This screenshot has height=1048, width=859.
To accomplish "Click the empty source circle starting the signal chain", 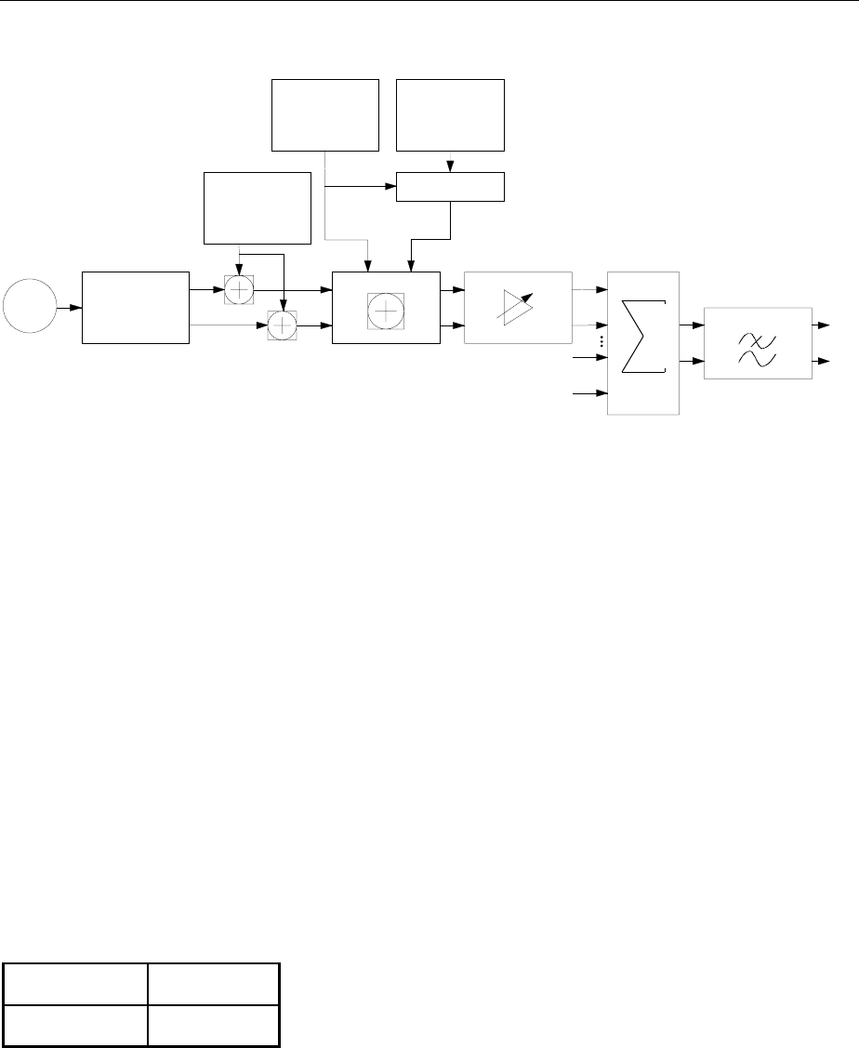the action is coord(29,308).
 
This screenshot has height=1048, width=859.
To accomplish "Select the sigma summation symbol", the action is coord(642,342).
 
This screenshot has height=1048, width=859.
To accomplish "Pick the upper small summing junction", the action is coord(240,289).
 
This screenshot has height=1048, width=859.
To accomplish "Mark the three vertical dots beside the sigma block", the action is coord(602,342).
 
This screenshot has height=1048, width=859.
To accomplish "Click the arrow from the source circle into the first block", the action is coord(69,308).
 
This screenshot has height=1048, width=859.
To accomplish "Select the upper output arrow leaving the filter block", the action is coord(823,326).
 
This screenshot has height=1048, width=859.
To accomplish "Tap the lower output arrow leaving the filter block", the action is coord(823,360).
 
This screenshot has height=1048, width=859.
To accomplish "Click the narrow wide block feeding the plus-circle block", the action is coord(450,187).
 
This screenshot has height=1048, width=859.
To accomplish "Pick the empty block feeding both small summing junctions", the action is coord(257,207).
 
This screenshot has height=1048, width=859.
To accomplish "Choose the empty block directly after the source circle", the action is coord(135,308).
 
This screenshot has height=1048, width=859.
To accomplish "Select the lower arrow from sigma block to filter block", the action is coord(692,360).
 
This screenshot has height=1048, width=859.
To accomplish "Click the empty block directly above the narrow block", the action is coord(450,115).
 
